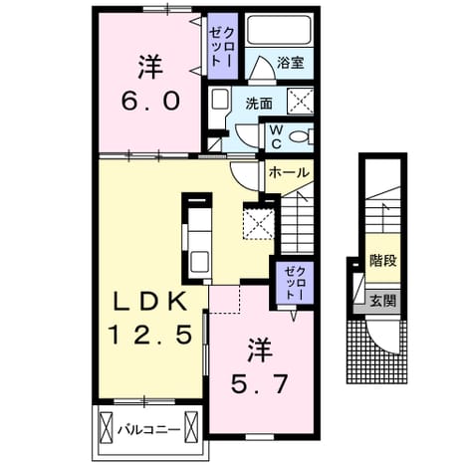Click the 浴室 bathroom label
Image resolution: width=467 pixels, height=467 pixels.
coord(291,63)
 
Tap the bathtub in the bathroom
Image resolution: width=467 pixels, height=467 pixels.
coord(279,30)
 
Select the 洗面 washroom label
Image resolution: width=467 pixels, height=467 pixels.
coord(259,104)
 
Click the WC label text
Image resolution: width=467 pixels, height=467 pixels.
coord(276,136)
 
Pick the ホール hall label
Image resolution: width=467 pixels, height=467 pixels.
coord(289,172)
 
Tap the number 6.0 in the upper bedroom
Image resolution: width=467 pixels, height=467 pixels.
coord(151,102)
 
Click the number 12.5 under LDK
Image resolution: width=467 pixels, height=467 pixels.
coord(151,334)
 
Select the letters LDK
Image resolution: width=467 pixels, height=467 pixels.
coord(149,301)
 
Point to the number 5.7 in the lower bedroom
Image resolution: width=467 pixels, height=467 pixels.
coord(259,385)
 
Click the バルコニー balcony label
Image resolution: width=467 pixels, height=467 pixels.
coord(149,430)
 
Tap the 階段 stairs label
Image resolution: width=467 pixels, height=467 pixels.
coord(383,260)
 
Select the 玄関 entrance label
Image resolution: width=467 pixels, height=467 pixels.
coord(383,301)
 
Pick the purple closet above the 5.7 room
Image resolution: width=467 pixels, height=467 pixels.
coord(295,283)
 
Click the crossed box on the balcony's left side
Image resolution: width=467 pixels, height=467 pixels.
coord(107,427)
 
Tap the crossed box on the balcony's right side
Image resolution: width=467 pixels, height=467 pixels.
coord(191,427)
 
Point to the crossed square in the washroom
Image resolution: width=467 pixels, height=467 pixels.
coord(300,101)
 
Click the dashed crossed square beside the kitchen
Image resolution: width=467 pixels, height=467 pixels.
coord(259,220)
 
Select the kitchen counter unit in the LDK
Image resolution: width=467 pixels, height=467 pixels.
coord(197,238)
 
